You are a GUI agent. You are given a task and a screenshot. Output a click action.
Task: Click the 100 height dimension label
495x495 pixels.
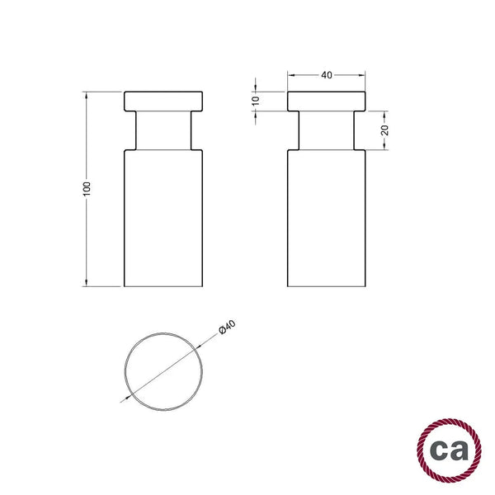coord(87,189)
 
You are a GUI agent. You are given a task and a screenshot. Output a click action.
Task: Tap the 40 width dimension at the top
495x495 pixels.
coord(327,75)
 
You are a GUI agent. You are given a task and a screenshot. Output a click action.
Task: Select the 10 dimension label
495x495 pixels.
coord(256,101)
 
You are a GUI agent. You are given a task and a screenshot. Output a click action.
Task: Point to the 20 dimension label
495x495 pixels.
coord(384,130)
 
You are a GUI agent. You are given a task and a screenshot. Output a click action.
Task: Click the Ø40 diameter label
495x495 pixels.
coord(228,327)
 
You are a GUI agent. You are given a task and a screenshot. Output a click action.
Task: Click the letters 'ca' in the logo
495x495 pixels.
coord(450,450)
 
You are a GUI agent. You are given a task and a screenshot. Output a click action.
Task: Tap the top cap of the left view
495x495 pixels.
coord(163,101)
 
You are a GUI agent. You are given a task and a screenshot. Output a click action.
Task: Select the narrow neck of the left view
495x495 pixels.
coord(163,130)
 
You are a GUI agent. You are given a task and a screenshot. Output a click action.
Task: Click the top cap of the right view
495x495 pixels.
coord(327,101)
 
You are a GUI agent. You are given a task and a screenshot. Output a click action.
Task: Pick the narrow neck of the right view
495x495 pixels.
coord(327,130)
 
